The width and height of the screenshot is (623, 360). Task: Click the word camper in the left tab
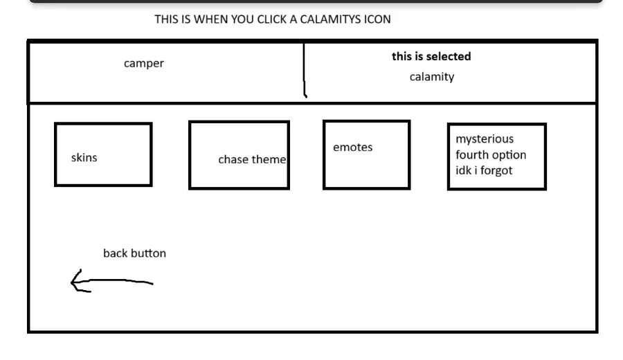144,64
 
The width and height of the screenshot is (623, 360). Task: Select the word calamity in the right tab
432,77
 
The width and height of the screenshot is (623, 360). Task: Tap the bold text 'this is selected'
431,57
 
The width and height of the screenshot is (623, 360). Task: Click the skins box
103,155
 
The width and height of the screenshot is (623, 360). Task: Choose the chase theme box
239,155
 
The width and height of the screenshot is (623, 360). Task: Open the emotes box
366,154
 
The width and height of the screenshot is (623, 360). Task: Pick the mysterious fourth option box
496,156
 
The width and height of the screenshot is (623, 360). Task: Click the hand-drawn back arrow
111,282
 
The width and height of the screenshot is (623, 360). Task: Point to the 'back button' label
134,253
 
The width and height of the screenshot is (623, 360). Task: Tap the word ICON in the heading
377,19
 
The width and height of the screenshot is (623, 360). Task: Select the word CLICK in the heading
272,19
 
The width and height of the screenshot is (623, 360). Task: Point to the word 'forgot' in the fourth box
496,170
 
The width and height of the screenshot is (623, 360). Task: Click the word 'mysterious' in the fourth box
485,139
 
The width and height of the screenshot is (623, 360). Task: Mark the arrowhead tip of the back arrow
72,281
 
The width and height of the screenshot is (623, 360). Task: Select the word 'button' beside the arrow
147,253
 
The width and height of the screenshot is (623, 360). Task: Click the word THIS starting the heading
166,19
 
